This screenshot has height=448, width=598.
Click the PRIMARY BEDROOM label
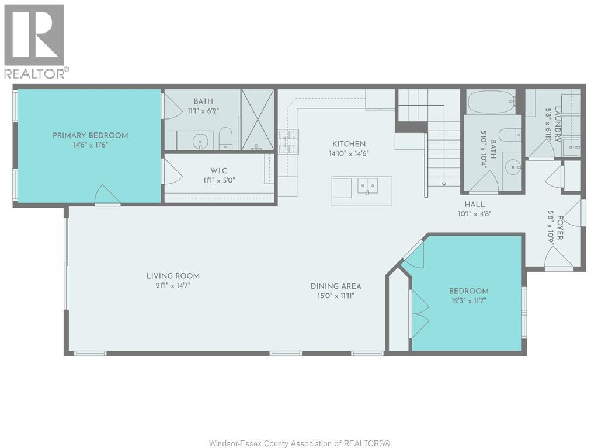[90, 135]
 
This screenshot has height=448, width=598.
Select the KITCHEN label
[349, 144]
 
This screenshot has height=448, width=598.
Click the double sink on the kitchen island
[368, 186]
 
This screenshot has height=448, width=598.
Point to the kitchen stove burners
[288, 142]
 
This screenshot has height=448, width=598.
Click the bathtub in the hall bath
[491, 101]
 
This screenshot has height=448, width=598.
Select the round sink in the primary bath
[200, 142]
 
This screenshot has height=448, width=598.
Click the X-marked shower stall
[258, 119]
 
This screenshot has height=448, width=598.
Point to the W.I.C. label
[220, 171]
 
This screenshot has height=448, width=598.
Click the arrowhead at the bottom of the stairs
[444, 184]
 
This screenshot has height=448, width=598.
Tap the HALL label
[474, 205]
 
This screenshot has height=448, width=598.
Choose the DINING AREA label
[336, 286]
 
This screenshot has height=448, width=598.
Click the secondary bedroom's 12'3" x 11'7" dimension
[469, 300]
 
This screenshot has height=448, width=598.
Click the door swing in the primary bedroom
[108, 195]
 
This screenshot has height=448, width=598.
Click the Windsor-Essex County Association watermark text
[300, 443]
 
